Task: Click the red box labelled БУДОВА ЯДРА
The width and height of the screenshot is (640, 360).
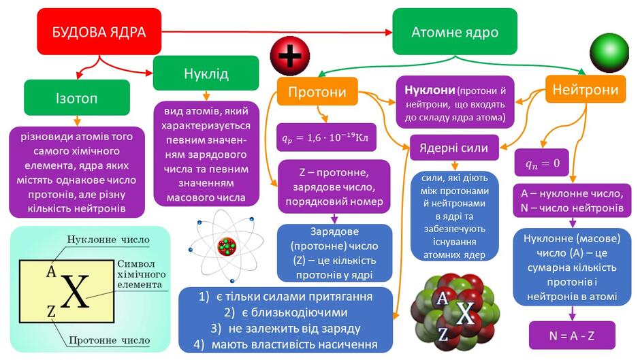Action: coord(99,31)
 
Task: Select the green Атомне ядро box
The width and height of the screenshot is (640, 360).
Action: coord(455,31)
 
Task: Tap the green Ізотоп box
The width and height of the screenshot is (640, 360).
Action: coord(77,97)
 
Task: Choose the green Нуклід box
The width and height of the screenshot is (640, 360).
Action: coord(206,73)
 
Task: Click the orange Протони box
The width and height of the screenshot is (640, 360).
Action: coord(317,91)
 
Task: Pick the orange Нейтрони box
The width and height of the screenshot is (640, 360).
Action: coord(586,89)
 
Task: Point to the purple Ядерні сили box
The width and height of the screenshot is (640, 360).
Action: coord(454,148)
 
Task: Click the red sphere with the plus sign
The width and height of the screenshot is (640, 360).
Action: coord(290,56)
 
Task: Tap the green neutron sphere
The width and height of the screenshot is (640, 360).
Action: coord(609,52)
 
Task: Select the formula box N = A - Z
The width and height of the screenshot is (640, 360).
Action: coord(572,336)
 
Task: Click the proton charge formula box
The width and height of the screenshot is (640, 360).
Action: coord(326,137)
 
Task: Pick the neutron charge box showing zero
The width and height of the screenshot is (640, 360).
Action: coord(542,163)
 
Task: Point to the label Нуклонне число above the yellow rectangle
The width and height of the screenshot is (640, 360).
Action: coord(108,239)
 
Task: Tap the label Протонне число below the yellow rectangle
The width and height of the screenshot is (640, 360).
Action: coord(110,340)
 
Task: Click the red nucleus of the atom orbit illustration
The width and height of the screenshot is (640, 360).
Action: coord(227,246)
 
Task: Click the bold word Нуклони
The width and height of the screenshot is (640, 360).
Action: coord(430,90)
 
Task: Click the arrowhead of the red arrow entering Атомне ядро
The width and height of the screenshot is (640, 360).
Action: coord(389,32)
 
